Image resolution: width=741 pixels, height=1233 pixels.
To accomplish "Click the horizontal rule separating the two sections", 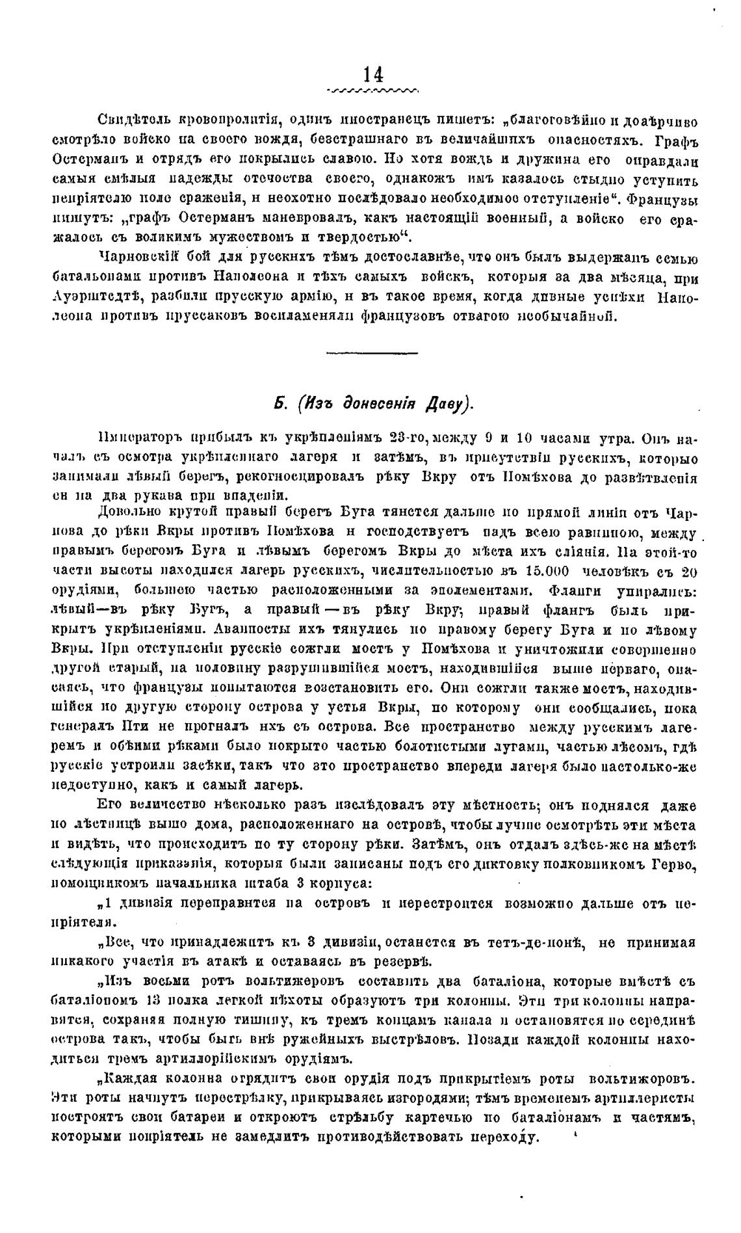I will (371, 353).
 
